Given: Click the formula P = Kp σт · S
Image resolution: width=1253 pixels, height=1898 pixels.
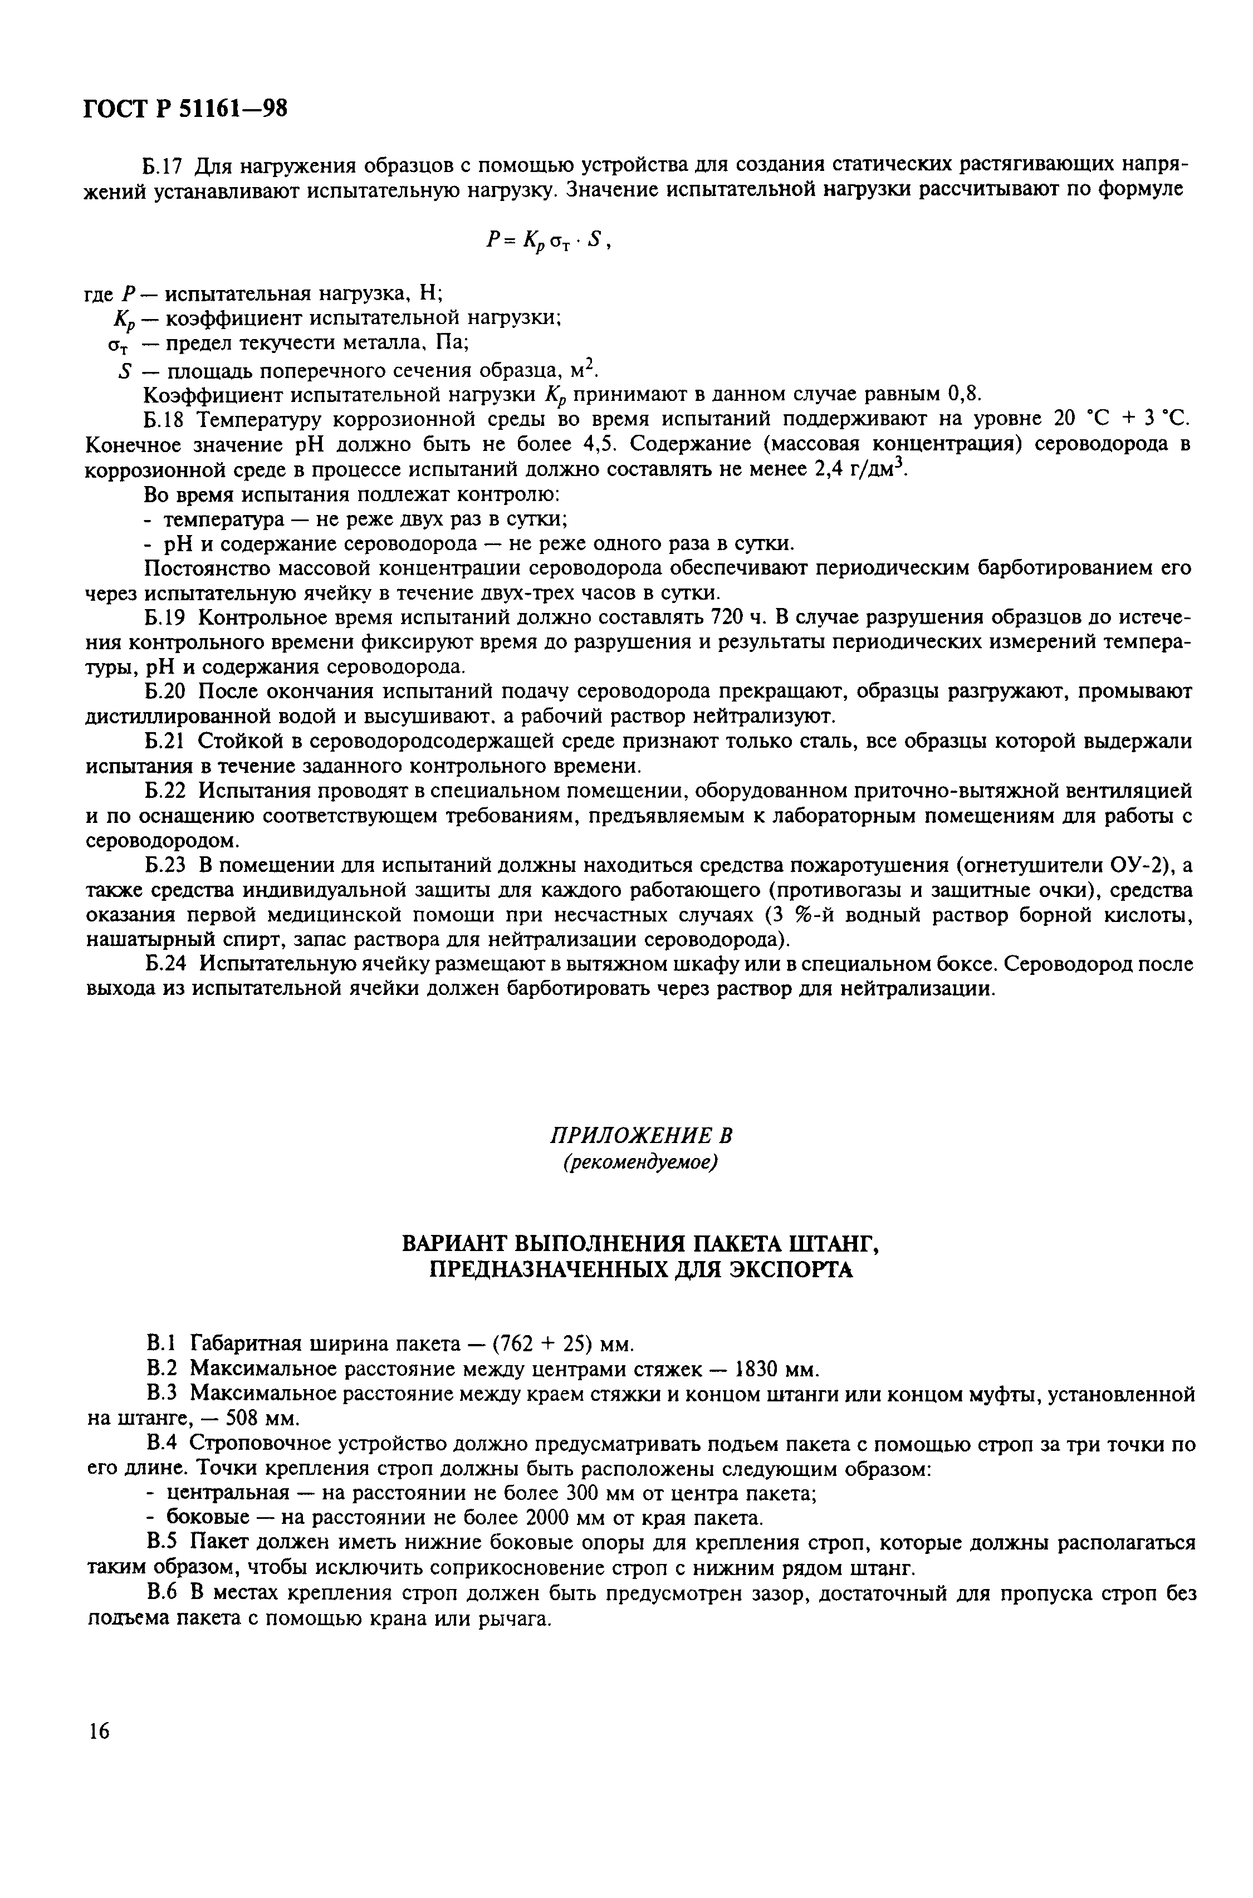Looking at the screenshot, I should (x=548, y=241).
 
